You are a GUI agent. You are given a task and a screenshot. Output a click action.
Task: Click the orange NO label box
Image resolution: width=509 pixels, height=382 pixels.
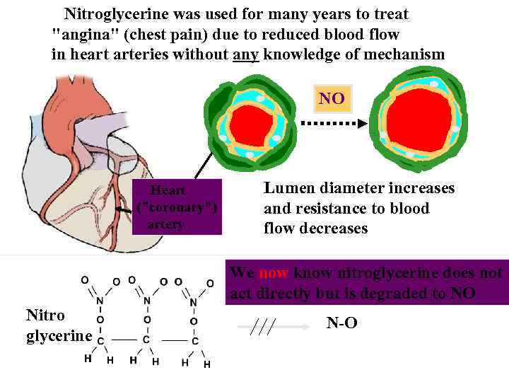point(332,98)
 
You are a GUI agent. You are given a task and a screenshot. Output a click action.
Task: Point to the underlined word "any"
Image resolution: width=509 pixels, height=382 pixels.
point(246,54)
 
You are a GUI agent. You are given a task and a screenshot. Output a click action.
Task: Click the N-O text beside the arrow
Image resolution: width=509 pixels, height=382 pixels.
point(341,323)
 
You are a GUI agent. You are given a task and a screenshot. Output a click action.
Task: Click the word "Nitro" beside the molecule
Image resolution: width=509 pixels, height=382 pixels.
point(45,315)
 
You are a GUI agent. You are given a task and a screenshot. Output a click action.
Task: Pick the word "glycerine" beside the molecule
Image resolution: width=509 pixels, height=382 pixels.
point(59,335)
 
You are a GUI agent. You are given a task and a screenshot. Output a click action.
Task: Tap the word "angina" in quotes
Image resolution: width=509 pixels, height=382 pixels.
point(81,34)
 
